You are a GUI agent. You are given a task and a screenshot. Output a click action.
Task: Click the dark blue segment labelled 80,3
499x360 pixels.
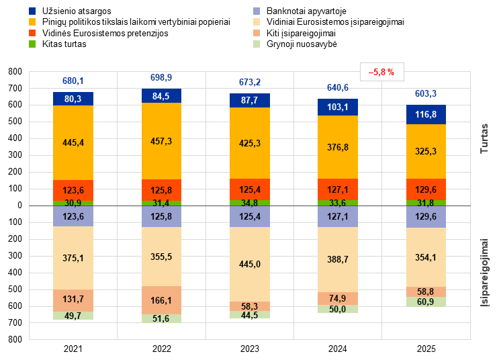[x=73, y=99]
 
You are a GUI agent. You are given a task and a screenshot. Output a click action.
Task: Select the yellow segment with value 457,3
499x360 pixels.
[x=161, y=141]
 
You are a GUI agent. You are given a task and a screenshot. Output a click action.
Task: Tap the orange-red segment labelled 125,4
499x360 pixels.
[x=250, y=189]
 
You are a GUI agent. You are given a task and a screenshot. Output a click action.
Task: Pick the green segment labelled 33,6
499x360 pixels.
[x=338, y=203]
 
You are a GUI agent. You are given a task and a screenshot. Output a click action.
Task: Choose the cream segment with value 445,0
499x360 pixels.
[x=250, y=264]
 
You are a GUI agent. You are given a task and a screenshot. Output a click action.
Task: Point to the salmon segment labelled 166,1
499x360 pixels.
[x=161, y=300]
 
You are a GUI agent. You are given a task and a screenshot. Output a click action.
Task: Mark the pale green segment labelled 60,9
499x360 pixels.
[x=426, y=302]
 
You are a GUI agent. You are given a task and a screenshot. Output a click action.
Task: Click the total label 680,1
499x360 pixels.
[x=73, y=81]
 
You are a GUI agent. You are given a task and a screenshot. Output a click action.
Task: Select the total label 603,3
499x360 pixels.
[x=426, y=93]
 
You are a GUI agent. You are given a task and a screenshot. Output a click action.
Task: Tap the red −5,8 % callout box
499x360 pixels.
[x=381, y=72]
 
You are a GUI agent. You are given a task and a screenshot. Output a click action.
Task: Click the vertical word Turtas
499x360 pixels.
[x=484, y=138]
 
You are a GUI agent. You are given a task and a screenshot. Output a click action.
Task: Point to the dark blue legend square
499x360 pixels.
[x=32, y=11]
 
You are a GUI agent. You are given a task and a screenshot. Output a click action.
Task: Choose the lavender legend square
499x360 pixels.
[x=257, y=11]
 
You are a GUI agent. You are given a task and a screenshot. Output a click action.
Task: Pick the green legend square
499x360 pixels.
[x=32, y=44]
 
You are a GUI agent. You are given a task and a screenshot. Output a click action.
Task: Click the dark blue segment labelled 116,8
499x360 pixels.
[x=426, y=115]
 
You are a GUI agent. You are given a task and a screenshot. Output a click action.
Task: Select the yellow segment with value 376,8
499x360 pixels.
[x=338, y=147]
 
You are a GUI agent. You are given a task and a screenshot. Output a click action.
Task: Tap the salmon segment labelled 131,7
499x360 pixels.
[x=73, y=300]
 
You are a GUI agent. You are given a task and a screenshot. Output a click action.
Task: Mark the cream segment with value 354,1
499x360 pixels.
[x=426, y=257]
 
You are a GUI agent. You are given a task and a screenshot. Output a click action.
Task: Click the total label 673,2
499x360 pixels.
[x=250, y=83]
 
